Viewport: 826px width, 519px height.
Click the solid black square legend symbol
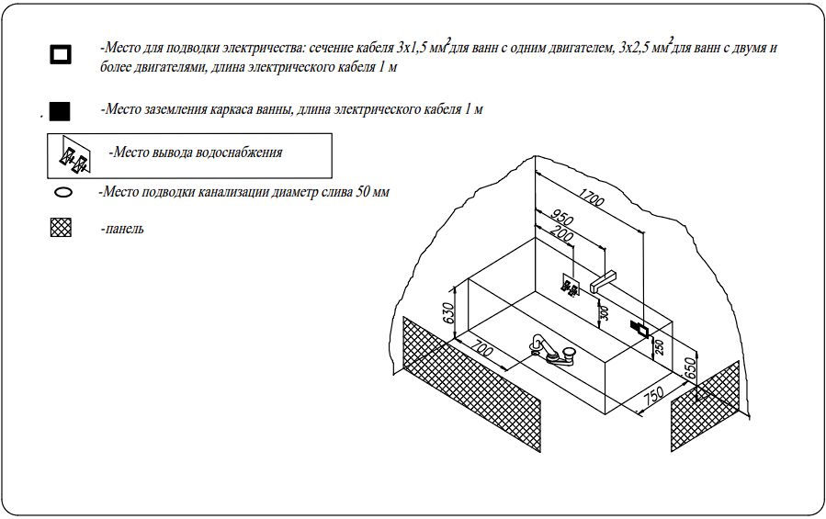point(60,112)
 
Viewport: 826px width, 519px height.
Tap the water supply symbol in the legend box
point(74,156)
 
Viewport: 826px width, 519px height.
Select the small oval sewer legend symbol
point(63,192)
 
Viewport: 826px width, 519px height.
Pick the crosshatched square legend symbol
point(61,228)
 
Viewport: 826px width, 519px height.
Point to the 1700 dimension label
point(591,197)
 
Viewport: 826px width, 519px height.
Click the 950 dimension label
point(561,217)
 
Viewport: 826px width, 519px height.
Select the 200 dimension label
point(560,233)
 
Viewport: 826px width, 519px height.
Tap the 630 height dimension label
point(447,313)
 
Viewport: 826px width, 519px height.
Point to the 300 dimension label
point(605,313)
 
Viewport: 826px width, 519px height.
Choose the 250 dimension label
point(659,346)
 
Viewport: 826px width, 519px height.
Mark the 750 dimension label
point(654,395)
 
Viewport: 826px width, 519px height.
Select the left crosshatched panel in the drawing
point(471,384)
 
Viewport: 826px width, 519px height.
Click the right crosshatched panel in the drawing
point(705,406)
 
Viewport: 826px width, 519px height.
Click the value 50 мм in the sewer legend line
point(372,192)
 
